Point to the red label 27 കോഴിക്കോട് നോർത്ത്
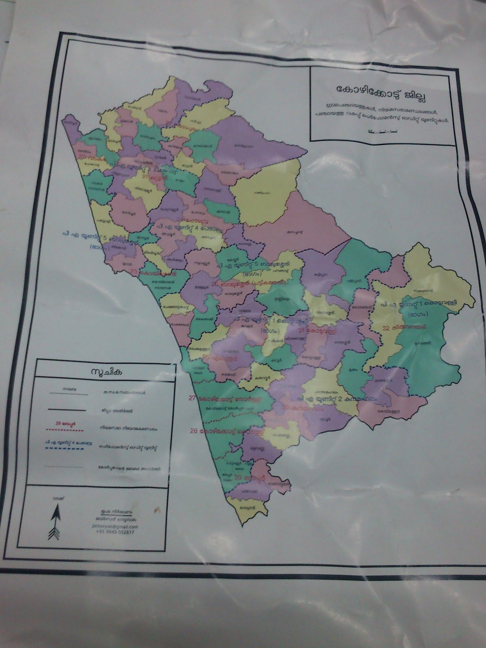point(225,399)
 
